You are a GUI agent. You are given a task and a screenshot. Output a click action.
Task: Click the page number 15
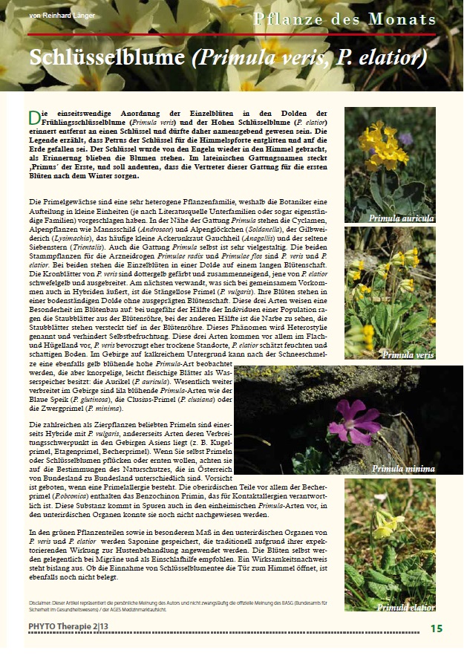click(437, 629)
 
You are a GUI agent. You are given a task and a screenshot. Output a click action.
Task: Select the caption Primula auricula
click(401, 218)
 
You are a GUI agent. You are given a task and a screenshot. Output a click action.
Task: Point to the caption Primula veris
click(408, 355)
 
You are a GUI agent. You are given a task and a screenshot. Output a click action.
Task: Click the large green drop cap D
click(33, 118)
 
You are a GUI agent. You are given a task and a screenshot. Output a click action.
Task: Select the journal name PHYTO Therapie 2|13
click(68, 629)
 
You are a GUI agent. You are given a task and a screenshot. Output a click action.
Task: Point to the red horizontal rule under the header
click(231, 34)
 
